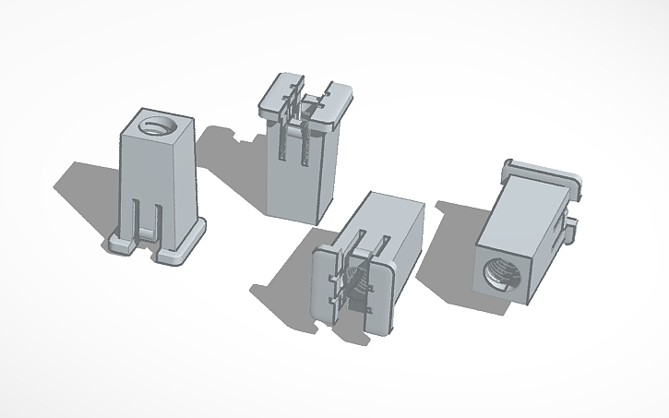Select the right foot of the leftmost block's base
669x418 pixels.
pos(181,250)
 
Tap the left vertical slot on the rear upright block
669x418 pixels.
pos(282,148)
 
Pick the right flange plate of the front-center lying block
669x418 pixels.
pos(381,295)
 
